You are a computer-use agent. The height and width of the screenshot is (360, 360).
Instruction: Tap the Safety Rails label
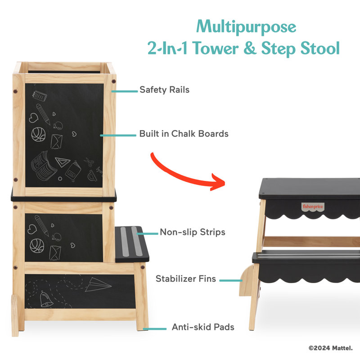164,90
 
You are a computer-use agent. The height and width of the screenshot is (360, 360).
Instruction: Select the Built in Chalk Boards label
184,134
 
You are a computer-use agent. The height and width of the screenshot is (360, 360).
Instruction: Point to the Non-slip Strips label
193,232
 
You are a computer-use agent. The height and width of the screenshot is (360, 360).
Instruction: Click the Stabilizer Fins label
186,279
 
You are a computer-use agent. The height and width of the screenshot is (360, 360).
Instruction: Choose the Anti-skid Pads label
203,327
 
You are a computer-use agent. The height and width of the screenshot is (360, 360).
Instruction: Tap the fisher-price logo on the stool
313,207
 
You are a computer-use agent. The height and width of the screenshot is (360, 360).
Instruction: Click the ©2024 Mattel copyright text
330,348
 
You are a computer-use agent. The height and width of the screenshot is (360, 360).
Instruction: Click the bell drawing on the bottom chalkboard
46,299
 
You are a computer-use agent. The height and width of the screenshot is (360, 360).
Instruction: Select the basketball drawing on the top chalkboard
38,134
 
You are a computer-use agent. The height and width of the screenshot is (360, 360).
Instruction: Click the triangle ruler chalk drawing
63,162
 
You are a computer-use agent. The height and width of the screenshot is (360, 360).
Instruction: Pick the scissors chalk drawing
89,162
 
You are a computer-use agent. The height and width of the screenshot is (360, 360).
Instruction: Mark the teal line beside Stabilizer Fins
231,280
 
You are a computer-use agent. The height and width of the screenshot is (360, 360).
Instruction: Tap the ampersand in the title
250,48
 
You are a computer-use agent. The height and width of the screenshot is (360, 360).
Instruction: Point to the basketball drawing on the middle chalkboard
36,246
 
